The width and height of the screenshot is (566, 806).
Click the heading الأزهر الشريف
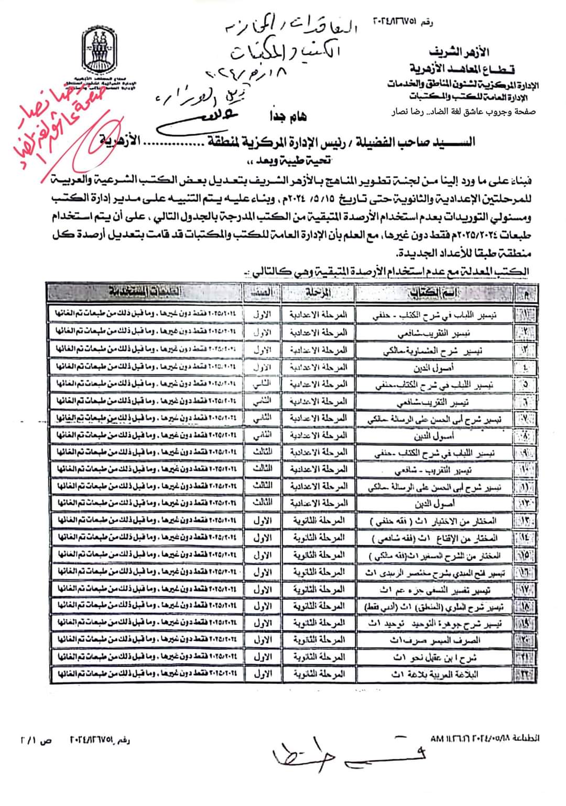click(459, 52)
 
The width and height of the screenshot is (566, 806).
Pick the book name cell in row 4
click(434, 368)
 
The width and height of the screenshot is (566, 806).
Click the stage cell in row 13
click(318, 520)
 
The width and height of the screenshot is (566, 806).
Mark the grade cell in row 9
click(263, 452)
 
